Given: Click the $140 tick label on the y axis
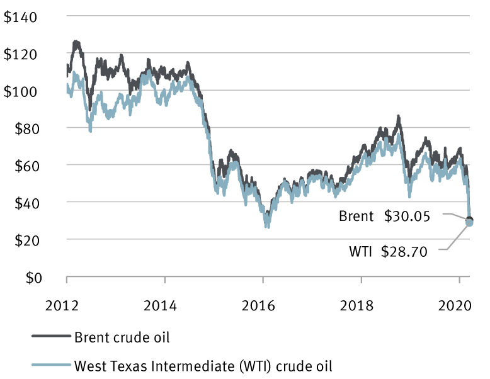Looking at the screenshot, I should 22,17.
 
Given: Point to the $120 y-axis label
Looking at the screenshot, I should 22,54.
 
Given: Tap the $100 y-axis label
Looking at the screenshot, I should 22,91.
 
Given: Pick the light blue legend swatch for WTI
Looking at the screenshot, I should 50,365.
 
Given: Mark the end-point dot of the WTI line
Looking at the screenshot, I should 469,223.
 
